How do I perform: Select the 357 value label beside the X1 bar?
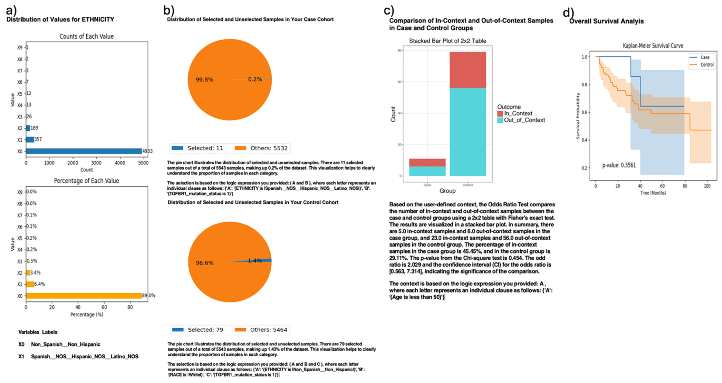tap(38, 139)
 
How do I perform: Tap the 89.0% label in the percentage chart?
tap(149, 296)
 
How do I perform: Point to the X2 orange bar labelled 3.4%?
tap(28, 273)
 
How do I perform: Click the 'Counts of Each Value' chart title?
tap(86, 37)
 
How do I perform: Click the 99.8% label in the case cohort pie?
tap(204, 80)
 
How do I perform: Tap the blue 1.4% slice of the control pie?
tap(266, 260)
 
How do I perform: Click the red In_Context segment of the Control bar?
tap(468, 70)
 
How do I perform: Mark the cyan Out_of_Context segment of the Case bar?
tap(427, 171)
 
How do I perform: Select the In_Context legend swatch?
tap(500, 114)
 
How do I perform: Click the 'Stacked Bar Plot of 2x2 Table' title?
tap(447, 41)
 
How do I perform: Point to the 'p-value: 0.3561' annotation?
tap(619, 165)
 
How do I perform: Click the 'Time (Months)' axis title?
tap(653, 193)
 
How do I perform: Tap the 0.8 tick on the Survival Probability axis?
tap(584, 85)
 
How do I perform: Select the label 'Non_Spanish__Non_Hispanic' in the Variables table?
tap(66, 344)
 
